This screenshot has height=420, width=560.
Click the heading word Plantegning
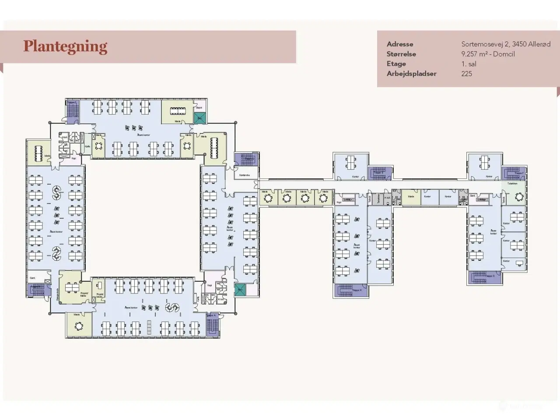tap(65, 46)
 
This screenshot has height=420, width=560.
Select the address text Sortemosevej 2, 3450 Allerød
tap(506, 44)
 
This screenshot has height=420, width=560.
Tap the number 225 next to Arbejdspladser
tap(466, 73)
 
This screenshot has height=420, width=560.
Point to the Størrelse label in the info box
tap(401, 54)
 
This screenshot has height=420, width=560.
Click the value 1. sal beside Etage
tap(469, 64)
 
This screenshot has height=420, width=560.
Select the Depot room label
tap(199, 107)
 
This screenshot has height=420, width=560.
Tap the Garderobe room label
tap(244, 175)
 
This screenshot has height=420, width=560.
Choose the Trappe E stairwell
tap(379, 173)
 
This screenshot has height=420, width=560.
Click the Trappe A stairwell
tap(213, 325)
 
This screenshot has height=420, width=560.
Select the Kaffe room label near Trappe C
tap(88, 147)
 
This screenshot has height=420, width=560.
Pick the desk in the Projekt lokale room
tap(100, 284)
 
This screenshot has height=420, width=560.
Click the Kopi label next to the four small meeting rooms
tap(339, 202)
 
